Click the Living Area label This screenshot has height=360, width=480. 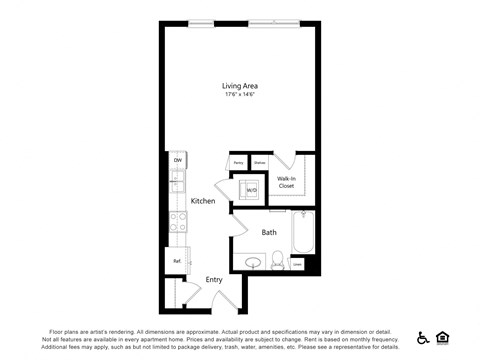click(240, 86)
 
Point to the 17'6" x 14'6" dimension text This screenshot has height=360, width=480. click(240, 95)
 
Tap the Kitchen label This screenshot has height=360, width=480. click(203, 201)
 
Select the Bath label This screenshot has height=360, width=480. click(269, 232)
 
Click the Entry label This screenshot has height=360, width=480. click(214, 280)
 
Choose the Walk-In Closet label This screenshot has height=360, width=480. click(286, 182)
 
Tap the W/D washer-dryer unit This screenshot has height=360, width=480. click(250, 189)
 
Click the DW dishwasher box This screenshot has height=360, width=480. click(177, 160)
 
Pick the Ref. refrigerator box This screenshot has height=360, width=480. click(177, 261)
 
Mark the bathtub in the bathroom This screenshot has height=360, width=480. click(302, 233)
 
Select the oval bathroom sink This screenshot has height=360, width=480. click(253, 264)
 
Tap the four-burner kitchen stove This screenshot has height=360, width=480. click(178, 223)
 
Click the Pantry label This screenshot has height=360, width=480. click(239, 162)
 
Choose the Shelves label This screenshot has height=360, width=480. click(259, 162)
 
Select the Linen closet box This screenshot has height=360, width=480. click(298, 264)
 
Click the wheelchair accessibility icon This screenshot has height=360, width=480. click(424, 338)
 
